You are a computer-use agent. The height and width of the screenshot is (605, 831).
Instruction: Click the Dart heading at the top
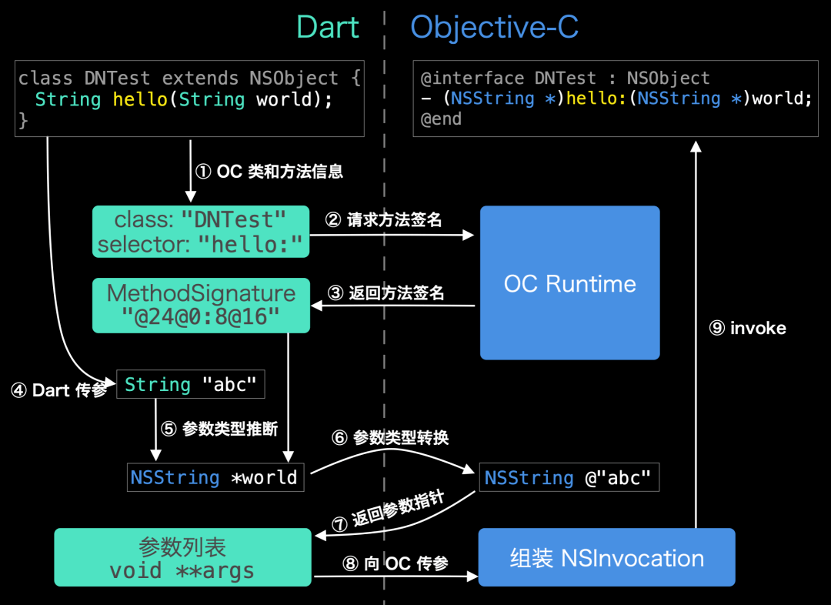click(x=328, y=27)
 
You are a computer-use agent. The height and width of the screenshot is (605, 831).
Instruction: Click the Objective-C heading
click(x=494, y=28)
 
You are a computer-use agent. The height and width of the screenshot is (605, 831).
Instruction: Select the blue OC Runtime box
click(x=569, y=282)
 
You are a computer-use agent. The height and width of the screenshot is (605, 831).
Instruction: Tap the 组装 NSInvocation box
click(x=606, y=557)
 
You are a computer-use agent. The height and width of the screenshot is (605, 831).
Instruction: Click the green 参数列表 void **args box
click(x=182, y=557)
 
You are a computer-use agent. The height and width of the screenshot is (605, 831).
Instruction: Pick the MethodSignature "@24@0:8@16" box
click(x=201, y=305)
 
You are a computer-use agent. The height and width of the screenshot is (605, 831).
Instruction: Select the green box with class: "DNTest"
click(x=200, y=232)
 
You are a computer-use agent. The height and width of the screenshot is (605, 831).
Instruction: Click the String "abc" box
click(x=190, y=384)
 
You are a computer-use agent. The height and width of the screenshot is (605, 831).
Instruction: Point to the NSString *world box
click(x=215, y=477)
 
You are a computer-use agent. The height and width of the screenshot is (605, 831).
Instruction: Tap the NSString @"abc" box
click(x=569, y=478)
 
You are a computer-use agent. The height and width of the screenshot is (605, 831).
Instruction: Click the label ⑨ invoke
click(x=747, y=328)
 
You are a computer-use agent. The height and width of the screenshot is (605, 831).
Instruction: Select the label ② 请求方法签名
click(x=383, y=220)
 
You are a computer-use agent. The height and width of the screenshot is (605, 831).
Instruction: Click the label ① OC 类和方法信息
click(x=269, y=172)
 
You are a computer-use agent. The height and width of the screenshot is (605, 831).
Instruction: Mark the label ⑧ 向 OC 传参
click(x=395, y=563)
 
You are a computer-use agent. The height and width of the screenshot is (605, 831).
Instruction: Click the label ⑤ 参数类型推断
click(x=219, y=429)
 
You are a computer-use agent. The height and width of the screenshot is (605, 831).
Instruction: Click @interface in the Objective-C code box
click(x=464, y=79)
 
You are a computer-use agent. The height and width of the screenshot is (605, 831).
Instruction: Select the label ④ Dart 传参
click(x=58, y=390)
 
